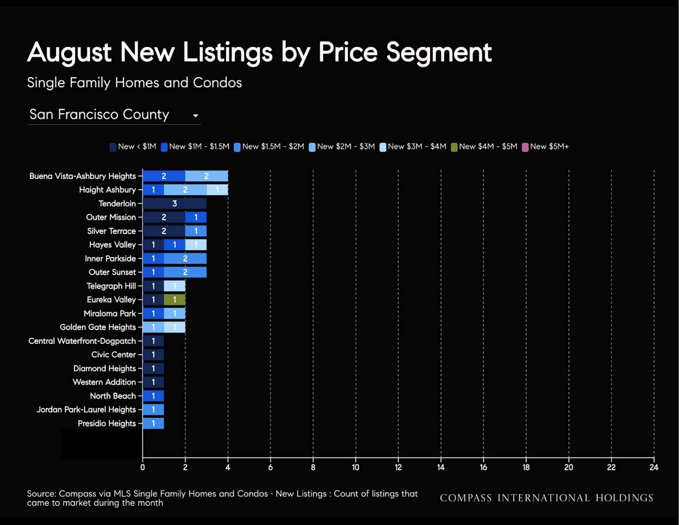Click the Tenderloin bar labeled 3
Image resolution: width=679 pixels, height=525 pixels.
(x=175, y=203)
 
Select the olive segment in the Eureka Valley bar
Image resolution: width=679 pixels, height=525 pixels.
(x=175, y=300)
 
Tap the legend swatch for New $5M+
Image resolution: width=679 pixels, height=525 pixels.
(x=525, y=147)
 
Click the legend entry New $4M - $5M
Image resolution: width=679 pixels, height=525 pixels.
(x=484, y=147)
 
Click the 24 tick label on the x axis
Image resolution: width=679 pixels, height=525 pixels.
(x=654, y=467)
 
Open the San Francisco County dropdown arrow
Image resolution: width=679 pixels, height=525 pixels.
(x=195, y=116)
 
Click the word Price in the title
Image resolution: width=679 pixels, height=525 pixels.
(x=348, y=52)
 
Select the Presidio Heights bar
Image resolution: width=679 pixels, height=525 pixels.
(x=153, y=424)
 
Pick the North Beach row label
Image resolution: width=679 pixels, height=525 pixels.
(x=113, y=396)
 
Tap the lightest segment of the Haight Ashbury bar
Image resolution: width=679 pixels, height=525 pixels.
(x=217, y=190)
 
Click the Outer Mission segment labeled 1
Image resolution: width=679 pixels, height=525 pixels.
(x=196, y=217)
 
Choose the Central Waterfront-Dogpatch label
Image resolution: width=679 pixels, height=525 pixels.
(x=82, y=341)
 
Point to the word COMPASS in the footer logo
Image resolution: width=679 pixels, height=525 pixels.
(x=466, y=498)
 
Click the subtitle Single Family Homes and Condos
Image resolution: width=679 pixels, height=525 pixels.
(x=134, y=83)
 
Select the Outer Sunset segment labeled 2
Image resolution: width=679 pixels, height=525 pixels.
(x=185, y=272)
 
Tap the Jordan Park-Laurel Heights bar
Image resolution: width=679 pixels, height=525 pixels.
(x=153, y=409)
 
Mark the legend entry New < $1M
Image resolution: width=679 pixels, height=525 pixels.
(x=133, y=147)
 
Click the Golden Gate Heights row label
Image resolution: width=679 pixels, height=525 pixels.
(x=98, y=327)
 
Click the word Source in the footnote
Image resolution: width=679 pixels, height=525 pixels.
(x=41, y=494)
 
